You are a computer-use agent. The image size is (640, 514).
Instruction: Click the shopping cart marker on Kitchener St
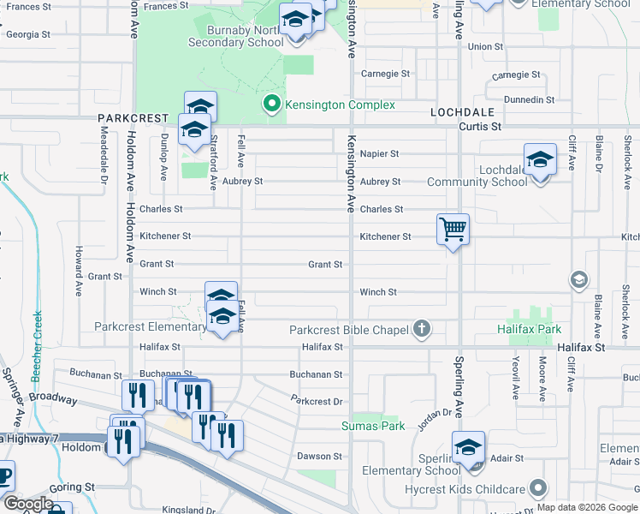453,230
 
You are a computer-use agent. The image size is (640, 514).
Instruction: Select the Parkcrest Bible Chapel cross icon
420,328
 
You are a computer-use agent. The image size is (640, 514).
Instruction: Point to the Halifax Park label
530,329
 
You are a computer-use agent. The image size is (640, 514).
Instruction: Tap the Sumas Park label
372,426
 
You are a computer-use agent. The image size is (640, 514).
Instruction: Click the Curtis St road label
479,127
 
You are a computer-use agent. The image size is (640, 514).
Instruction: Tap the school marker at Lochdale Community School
538,160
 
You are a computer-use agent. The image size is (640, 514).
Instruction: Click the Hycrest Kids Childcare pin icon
537,488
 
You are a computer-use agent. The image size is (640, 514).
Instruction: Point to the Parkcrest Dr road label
317,400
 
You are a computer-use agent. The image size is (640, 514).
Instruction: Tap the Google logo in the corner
28,504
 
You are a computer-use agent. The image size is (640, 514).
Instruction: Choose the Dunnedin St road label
530,100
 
